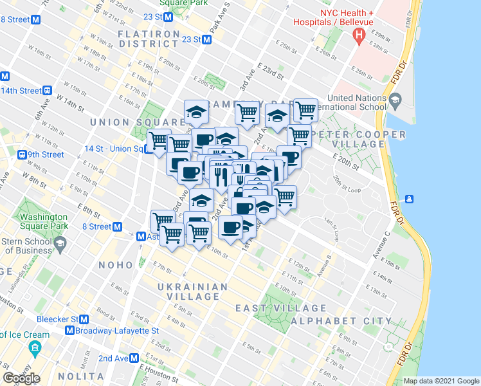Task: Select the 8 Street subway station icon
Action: coord(118,226)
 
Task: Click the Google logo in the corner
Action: coord(21,378)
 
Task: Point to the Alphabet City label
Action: coord(341,320)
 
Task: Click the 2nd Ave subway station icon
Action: coord(134,358)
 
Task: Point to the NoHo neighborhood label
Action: coord(116,265)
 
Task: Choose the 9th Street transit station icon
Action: coord(22,154)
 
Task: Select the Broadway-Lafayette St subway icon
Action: coord(70,331)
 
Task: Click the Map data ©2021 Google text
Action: coord(442,381)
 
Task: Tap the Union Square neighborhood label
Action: coord(138,122)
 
